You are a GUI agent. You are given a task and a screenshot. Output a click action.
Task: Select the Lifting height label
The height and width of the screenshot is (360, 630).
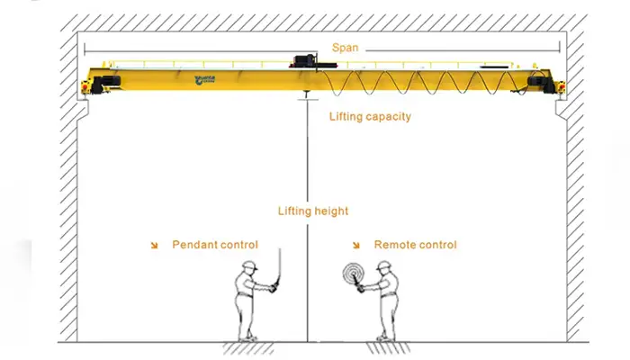[x=312, y=211]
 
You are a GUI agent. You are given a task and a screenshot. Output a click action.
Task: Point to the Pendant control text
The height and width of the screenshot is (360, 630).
[x=215, y=245]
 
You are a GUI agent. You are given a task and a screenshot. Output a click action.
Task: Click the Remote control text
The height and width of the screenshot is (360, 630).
[x=415, y=245]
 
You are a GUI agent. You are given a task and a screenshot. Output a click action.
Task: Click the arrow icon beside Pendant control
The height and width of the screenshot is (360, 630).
[x=155, y=245]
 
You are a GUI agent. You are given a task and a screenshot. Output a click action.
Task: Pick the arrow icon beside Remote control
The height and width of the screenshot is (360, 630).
[x=356, y=245]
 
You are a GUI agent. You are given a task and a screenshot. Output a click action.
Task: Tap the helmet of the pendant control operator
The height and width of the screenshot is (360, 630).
[x=249, y=265]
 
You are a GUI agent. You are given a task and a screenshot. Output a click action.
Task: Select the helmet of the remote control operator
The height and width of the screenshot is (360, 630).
[x=385, y=265]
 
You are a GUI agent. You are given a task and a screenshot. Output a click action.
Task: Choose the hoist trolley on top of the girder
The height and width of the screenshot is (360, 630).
[x=305, y=62]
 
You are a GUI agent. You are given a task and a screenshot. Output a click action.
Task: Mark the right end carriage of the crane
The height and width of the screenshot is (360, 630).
[x=544, y=83]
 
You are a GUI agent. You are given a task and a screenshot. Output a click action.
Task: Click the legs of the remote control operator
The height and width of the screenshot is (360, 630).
[x=384, y=320]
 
